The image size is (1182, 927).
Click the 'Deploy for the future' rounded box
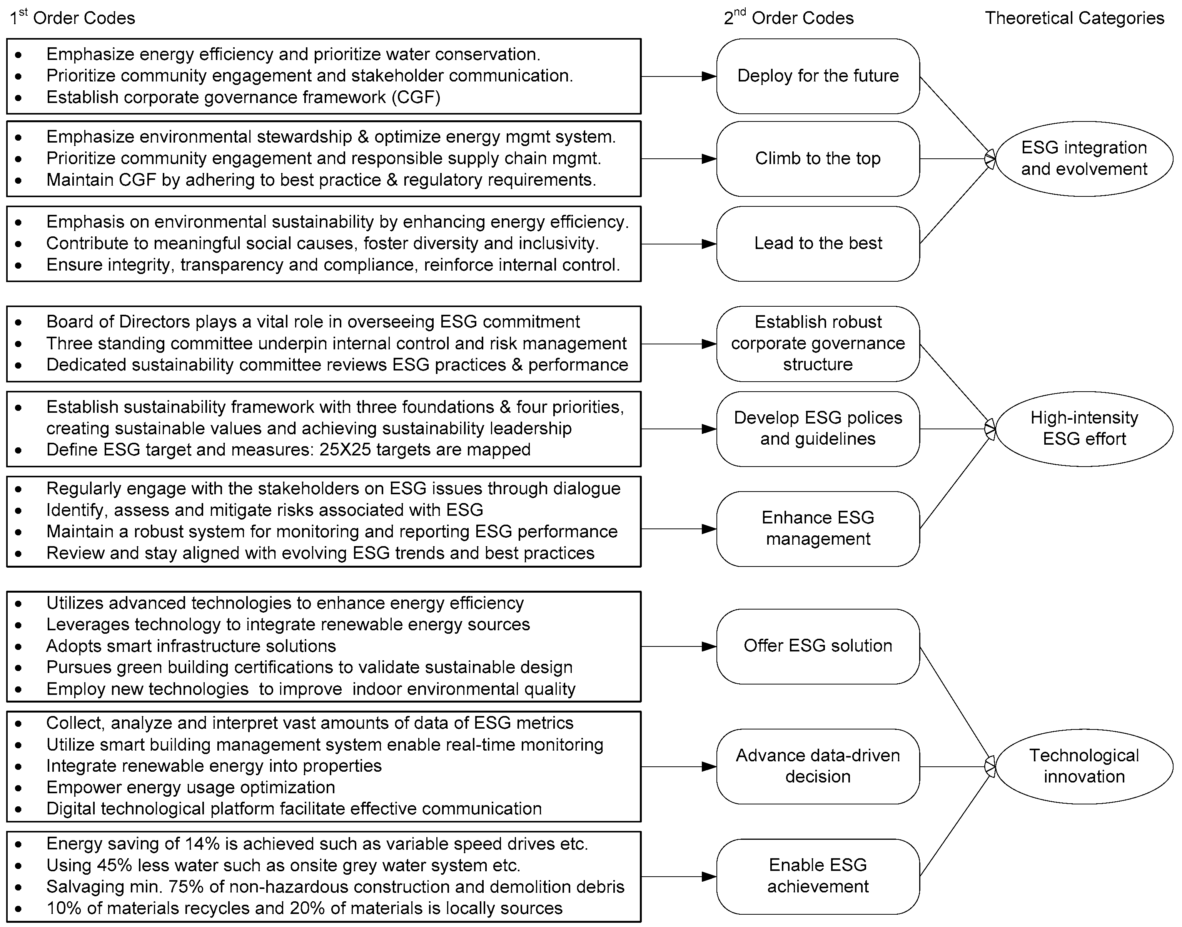pos(818,76)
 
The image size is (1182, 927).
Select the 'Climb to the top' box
pos(818,158)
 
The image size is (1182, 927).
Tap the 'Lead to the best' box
pos(818,243)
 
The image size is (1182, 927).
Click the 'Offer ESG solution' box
pos(818,646)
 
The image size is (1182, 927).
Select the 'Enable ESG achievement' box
pos(818,876)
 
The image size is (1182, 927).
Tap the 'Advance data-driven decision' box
pos(818,766)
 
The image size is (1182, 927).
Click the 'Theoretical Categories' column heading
pos(1074,18)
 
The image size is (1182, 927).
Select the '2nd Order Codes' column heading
pos(789,18)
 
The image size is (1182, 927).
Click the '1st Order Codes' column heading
pos(72,18)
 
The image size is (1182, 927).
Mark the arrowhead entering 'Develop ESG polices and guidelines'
pos(708,429)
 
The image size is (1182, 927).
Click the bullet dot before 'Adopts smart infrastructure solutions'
pos(19,647)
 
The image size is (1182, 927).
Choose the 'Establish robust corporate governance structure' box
pos(818,344)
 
